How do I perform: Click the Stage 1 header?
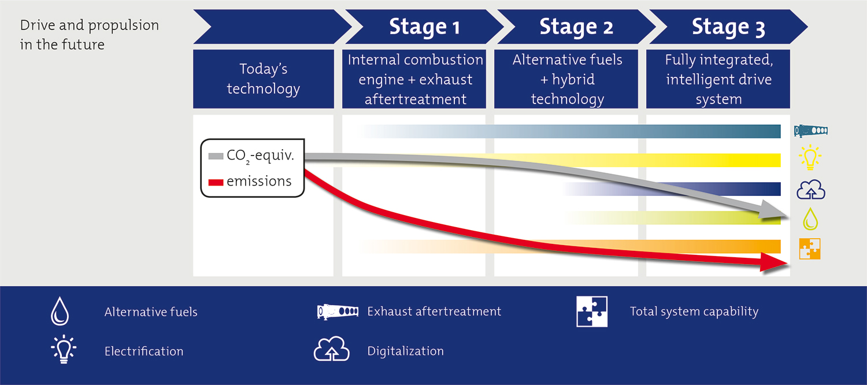pyautogui.click(x=425, y=27)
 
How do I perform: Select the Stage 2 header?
pyautogui.click(x=576, y=27)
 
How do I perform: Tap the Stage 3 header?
pyautogui.click(x=728, y=27)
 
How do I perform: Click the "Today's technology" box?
pyautogui.click(x=264, y=79)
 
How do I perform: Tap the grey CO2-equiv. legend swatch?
pyautogui.click(x=216, y=156)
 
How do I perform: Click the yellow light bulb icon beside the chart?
pyautogui.click(x=810, y=158)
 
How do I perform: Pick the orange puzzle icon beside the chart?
pyautogui.click(x=810, y=249)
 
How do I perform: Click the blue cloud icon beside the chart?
pyautogui.click(x=810, y=190)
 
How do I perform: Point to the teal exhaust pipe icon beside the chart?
pyautogui.click(x=810, y=131)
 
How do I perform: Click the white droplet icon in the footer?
pyautogui.click(x=60, y=312)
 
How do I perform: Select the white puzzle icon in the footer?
pyautogui.click(x=592, y=312)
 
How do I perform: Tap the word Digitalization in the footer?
pyautogui.click(x=405, y=351)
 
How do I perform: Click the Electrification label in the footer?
pyautogui.click(x=144, y=351)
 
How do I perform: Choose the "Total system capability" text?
pyautogui.click(x=694, y=312)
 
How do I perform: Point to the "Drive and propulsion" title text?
pyautogui.click(x=89, y=26)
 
